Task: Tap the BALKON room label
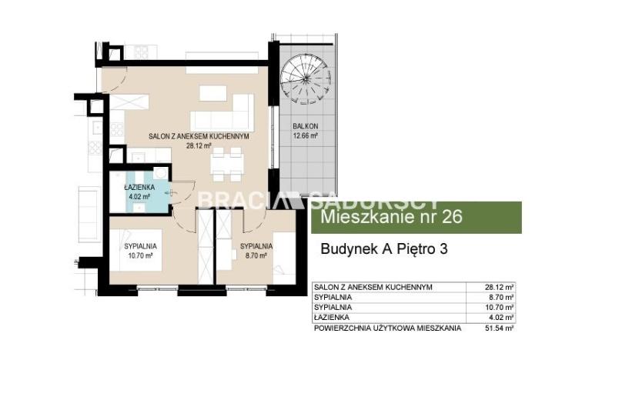[x=305, y=126]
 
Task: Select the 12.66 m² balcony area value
[x=305, y=136]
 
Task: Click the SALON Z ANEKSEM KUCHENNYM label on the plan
[x=199, y=136]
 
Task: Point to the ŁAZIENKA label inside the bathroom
[x=139, y=188]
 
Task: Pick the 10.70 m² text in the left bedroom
[x=140, y=256]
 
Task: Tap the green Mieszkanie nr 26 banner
[x=417, y=217]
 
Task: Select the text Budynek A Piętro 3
[x=384, y=248]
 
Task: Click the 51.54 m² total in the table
[x=499, y=328]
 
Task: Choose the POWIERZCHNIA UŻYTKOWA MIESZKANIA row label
[x=387, y=328]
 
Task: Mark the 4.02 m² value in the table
[x=501, y=318]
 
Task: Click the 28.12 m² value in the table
[x=499, y=287]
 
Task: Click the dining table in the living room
[x=227, y=164]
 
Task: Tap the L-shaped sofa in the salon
[x=222, y=112]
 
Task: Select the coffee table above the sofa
[x=212, y=93]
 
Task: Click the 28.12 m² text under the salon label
[x=199, y=145]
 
